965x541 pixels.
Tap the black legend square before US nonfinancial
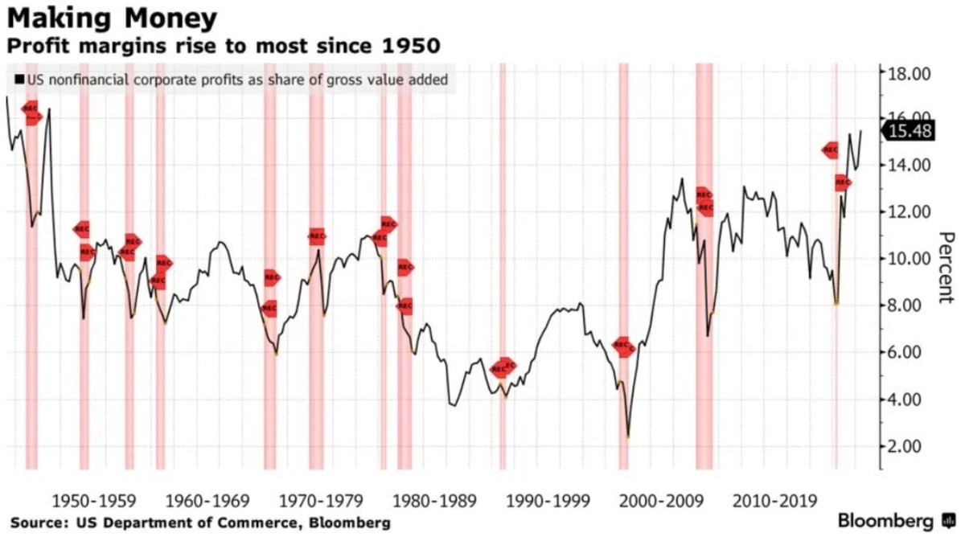(x=18, y=80)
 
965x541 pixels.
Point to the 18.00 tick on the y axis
(x=908, y=73)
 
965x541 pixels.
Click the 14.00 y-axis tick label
(x=908, y=166)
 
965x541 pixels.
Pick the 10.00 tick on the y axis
(x=908, y=259)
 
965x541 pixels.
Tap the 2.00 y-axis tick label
(x=908, y=446)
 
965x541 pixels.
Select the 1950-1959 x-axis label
(x=87, y=501)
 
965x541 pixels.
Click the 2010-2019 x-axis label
(x=770, y=501)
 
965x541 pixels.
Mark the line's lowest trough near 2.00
(x=628, y=437)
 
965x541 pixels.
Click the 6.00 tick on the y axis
(x=908, y=352)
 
